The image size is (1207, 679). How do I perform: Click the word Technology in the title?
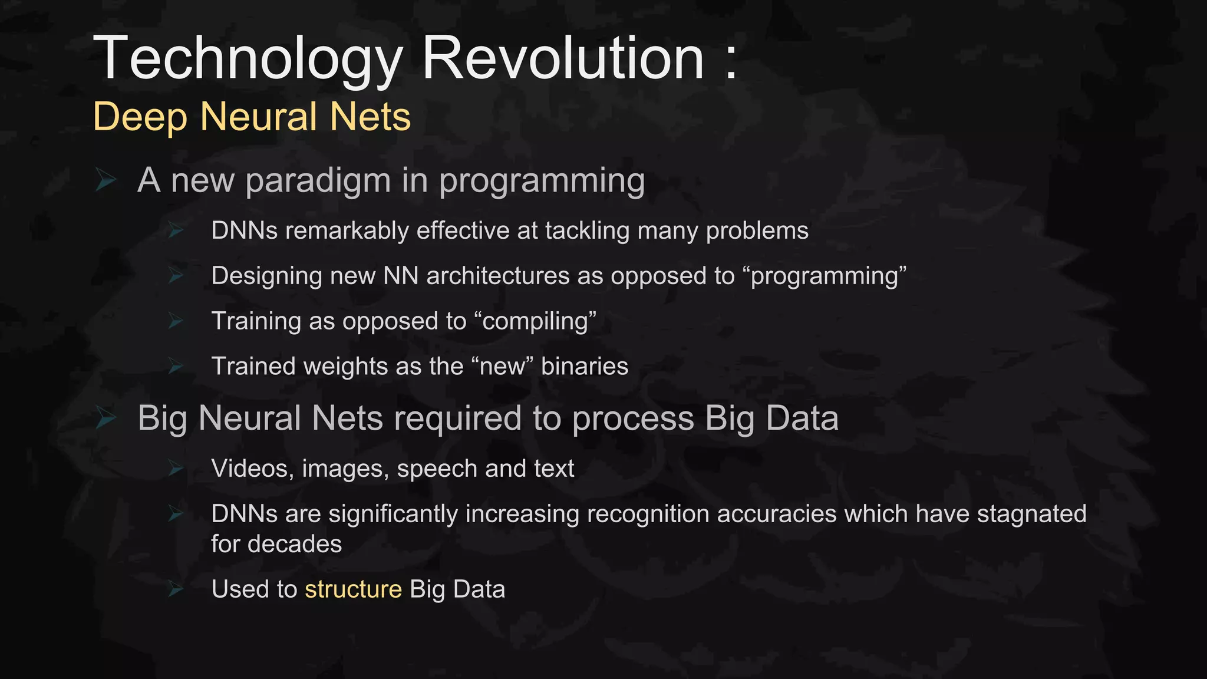pos(248,59)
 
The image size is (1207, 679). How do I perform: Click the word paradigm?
pos(318,181)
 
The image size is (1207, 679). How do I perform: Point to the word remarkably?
pos(347,230)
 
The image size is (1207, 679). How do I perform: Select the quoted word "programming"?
pos(827,276)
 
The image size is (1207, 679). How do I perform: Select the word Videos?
pos(252,469)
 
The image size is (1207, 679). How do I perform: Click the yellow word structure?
pos(353,589)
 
